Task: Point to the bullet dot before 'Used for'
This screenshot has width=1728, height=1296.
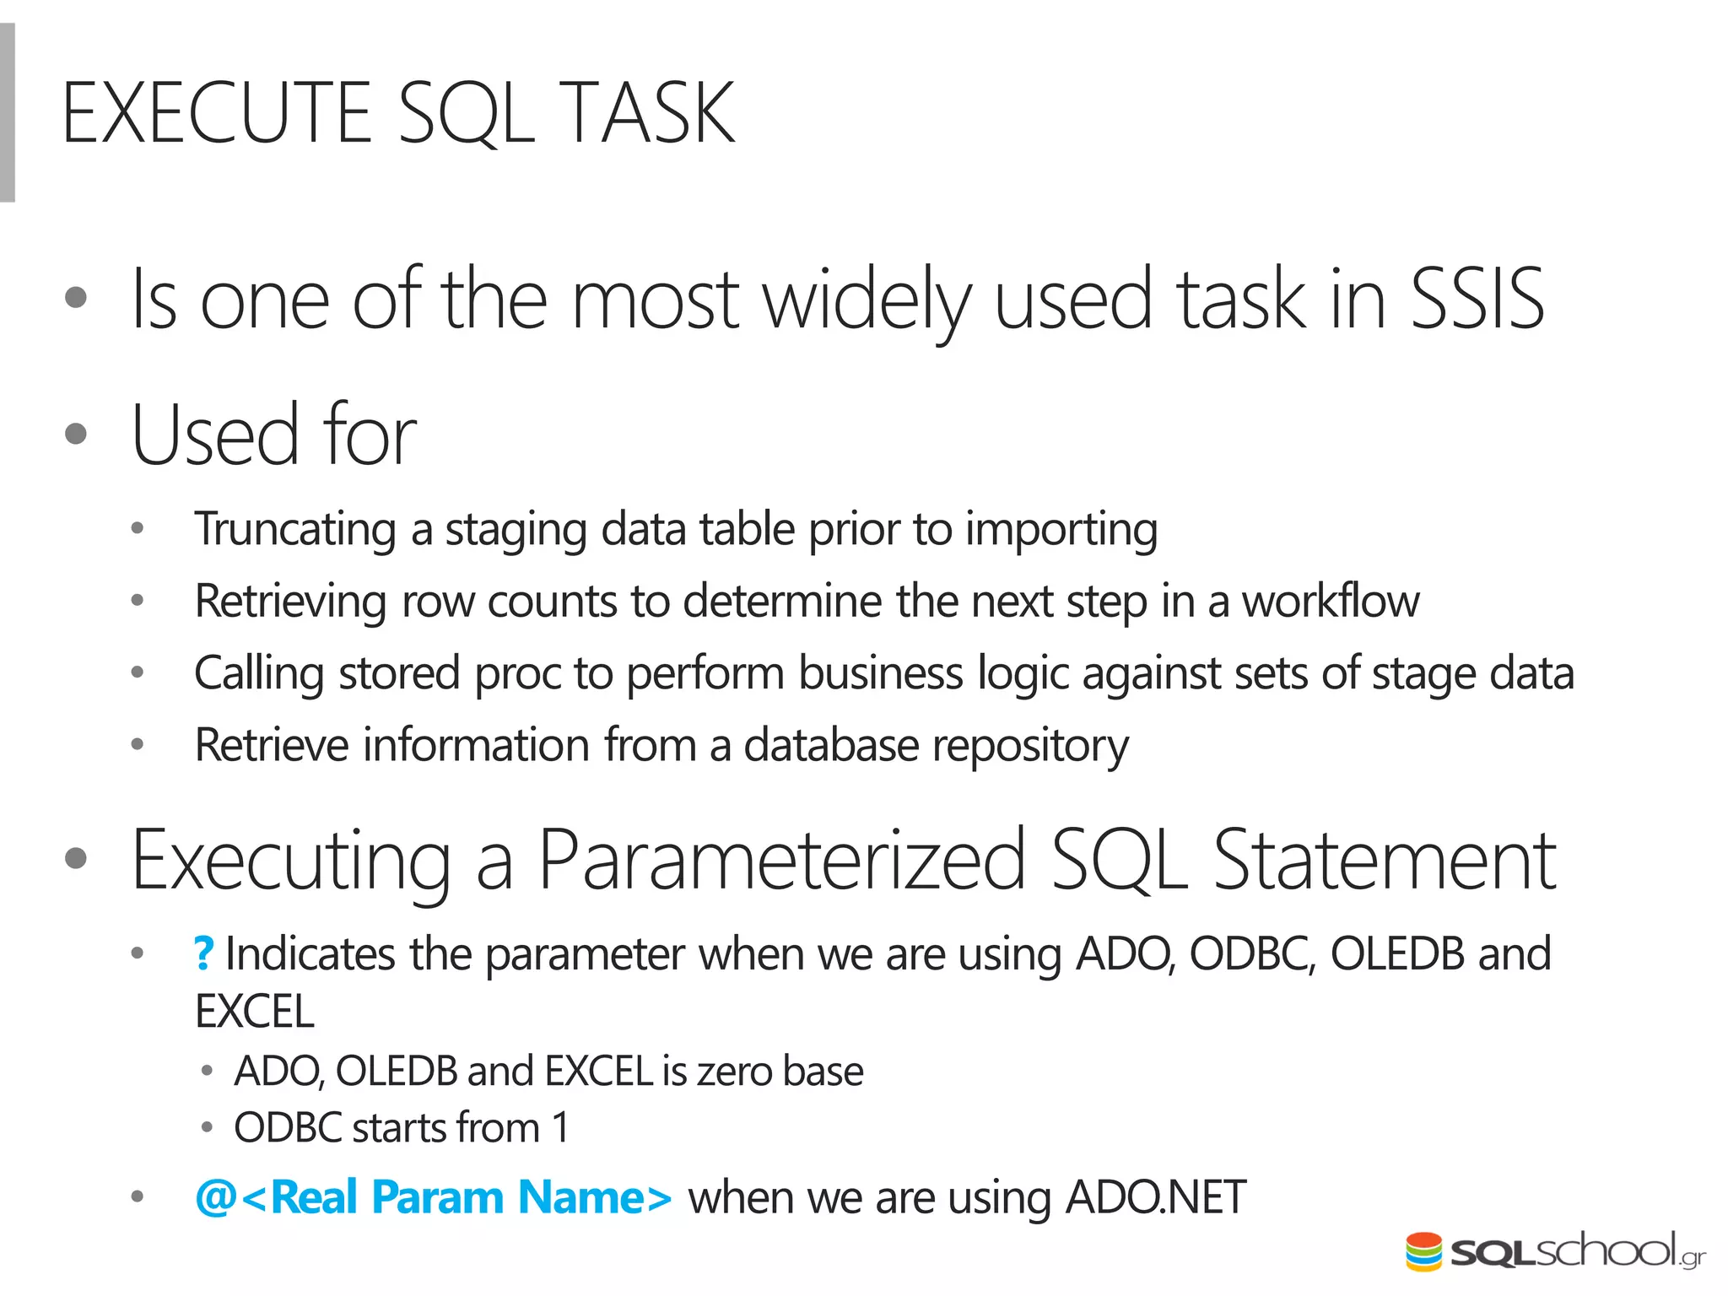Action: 76,434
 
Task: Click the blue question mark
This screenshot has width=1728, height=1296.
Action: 204,954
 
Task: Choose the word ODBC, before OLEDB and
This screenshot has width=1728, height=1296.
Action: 1252,954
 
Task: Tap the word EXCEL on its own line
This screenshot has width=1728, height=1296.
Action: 254,1012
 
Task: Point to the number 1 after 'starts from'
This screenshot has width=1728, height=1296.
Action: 560,1128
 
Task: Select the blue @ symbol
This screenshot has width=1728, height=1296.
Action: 215,1197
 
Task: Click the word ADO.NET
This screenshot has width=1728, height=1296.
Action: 1155,1197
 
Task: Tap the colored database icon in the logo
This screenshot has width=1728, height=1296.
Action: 1423,1252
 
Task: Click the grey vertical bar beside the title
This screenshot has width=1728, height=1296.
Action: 8,113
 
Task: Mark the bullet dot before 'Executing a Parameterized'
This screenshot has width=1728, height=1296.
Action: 76,859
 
